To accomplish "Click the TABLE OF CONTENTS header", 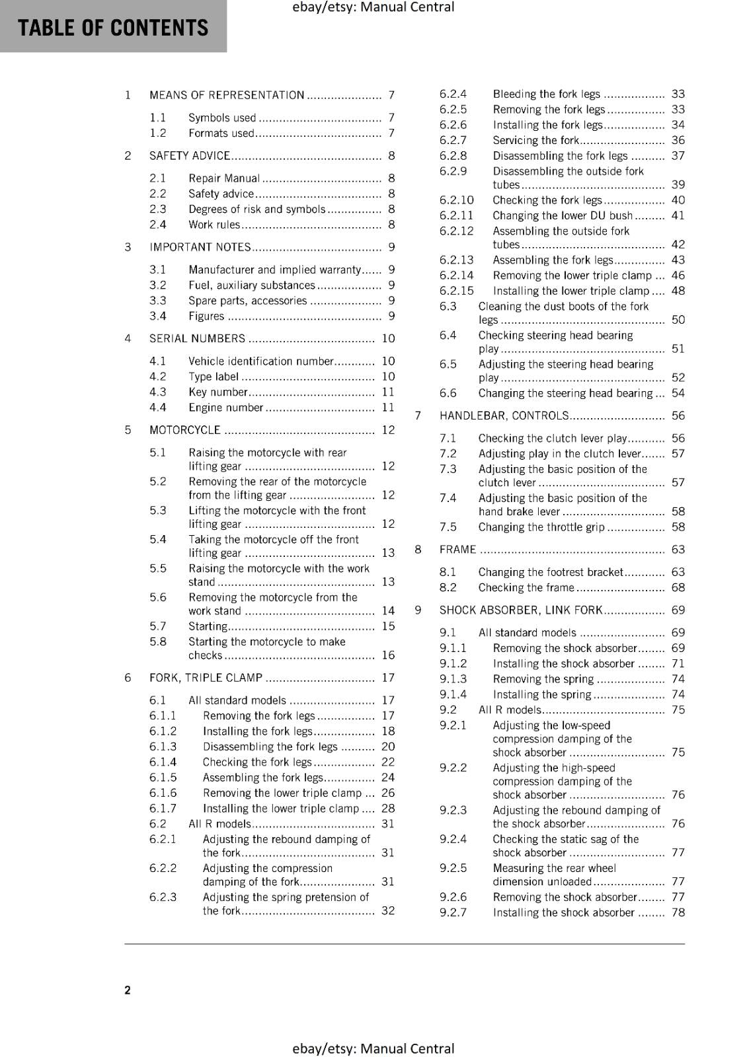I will point(113,28).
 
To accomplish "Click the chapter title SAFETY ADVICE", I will point(189,156).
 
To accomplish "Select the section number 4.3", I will point(157,392).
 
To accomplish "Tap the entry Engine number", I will point(225,408).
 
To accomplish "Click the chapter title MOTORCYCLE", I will point(184,430).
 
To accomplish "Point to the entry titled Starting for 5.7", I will point(208,626).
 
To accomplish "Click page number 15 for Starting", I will point(388,626).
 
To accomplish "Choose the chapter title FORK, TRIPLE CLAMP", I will point(206,678).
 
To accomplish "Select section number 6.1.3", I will point(163,747).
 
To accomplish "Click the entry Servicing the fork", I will point(535,140).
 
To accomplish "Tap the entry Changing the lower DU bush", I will point(563,215).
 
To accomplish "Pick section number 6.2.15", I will point(456,291).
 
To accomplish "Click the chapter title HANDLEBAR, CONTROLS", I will point(504,416).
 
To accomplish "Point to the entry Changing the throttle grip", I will point(541,527).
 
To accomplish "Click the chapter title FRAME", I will point(457,550).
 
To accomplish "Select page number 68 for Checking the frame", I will point(678,587).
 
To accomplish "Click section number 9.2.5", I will point(453,868).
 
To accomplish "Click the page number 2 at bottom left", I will point(128,990).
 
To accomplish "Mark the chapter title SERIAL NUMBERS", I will point(197,339).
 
